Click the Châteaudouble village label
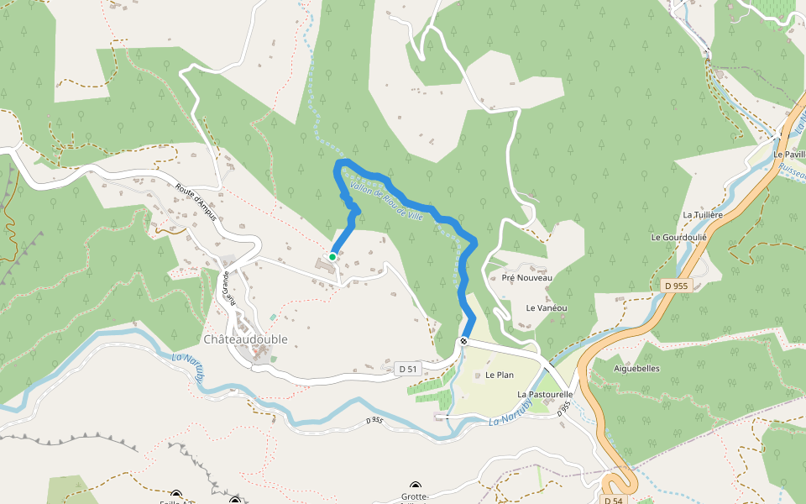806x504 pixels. [x=245, y=339]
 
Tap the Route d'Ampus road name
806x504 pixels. [x=196, y=202]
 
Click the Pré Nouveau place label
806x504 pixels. [x=526, y=277]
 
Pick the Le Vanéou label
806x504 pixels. [x=547, y=308]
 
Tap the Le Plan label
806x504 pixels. [x=499, y=375]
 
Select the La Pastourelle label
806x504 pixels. [x=545, y=394]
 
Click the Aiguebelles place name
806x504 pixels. [x=637, y=369]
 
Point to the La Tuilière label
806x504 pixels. [x=703, y=215]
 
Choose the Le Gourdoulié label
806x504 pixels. [x=679, y=238]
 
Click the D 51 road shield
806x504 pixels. [x=407, y=369]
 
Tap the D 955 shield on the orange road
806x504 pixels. [x=675, y=286]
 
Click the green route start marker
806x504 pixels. [x=332, y=256]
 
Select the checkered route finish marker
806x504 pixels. [x=463, y=342]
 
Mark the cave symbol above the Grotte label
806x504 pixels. [x=416, y=486]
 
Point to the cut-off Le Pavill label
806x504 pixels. [x=789, y=155]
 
